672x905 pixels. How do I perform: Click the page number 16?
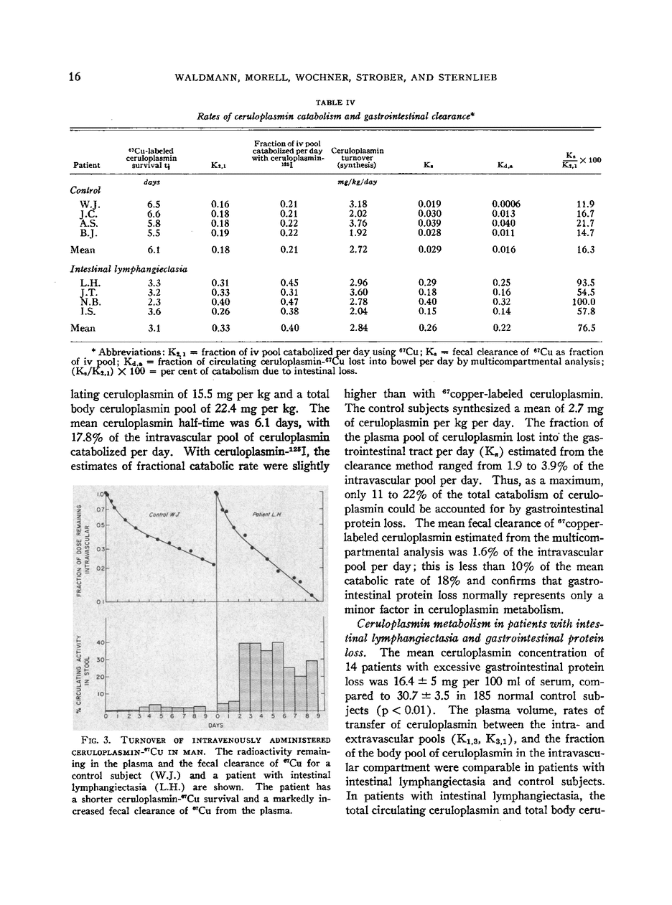point(75,78)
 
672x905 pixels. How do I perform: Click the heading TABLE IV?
point(335,103)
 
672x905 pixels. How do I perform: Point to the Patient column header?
point(87,165)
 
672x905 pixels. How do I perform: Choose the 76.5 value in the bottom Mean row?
point(586,328)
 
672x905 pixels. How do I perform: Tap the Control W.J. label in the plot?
point(164,515)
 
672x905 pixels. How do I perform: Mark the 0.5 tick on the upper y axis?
point(102,525)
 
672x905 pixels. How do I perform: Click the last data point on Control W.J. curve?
point(214,566)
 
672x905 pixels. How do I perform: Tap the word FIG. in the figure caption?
point(95,740)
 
